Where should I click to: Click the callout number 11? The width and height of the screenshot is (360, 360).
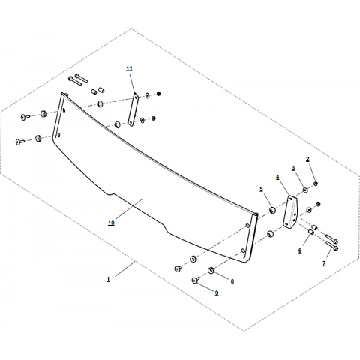pyautogui.click(x=130, y=68)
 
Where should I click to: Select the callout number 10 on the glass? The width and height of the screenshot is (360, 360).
pyautogui.click(x=111, y=223)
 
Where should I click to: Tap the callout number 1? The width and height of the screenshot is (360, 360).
pyautogui.click(x=108, y=279)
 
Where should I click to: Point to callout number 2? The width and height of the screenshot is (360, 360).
pyautogui.click(x=307, y=159)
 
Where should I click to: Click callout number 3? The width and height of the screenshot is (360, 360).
pyautogui.click(x=293, y=168)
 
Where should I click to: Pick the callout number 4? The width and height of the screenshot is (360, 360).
pyautogui.click(x=277, y=177)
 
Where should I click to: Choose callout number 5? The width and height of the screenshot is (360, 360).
pyautogui.click(x=262, y=189)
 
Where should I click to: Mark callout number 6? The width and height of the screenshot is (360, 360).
pyautogui.click(x=300, y=250)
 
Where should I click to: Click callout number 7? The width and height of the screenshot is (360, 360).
pyautogui.click(x=324, y=263)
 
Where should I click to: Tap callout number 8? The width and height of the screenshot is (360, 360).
pyautogui.click(x=232, y=281)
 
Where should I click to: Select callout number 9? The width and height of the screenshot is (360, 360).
pyautogui.click(x=217, y=293)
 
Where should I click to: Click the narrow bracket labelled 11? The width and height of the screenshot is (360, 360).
pyautogui.click(x=133, y=109)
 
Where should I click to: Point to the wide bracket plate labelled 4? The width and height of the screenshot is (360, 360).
pyautogui.click(x=290, y=212)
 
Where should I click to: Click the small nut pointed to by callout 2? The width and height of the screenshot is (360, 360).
pyautogui.click(x=316, y=184)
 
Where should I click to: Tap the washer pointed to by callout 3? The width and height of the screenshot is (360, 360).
pyautogui.click(x=305, y=190)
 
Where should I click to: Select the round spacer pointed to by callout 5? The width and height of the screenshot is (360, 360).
pyautogui.click(x=272, y=210)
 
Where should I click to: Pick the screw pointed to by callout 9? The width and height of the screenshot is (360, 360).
pyautogui.click(x=195, y=280)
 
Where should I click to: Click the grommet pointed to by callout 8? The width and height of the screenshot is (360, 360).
pyautogui.click(x=211, y=270)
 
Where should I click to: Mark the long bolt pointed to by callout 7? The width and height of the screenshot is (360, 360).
pyautogui.click(x=332, y=246)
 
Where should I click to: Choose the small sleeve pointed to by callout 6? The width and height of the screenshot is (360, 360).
pyautogui.click(x=311, y=232)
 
